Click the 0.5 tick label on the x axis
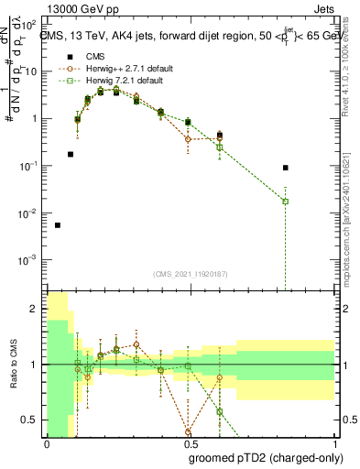coord(187,444)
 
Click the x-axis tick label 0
coord(47,444)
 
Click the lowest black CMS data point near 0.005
coord(58,224)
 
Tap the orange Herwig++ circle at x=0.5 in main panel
coord(188,139)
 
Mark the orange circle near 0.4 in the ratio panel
coord(188,431)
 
